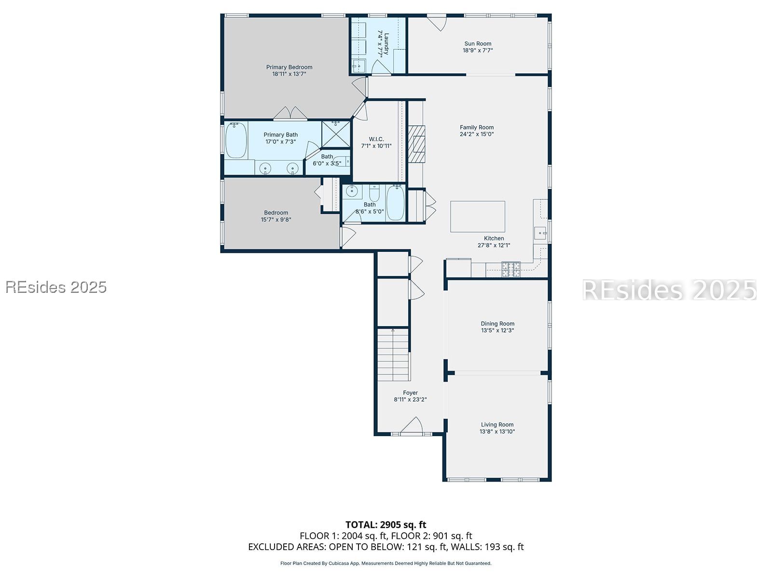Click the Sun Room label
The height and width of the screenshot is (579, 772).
pyautogui.click(x=478, y=43)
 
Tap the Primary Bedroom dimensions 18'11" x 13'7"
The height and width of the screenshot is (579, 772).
pyautogui.click(x=289, y=74)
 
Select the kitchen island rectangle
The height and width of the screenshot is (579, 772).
pyautogui.click(x=478, y=217)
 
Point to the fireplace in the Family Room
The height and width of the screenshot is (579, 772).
pyautogui.click(x=417, y=144)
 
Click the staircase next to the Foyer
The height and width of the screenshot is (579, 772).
pyautogui.click(x=393, y=355)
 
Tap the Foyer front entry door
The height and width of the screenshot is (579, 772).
pyautogui.click(x=411, y=427)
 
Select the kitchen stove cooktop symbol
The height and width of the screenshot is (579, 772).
pyautogui.click(x=510, y=269)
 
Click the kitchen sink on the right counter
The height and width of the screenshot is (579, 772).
pyautogui.click(x=540, y=233)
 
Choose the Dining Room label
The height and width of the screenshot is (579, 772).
pyautogui.click(x=497, y=324)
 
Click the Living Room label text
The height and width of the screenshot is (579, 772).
pyautogui.click(x=497, y=425)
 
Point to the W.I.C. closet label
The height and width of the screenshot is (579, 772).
pyautogui.click(x=376, y=139)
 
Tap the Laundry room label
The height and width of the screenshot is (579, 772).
pyautogui.click(x=386, y=43)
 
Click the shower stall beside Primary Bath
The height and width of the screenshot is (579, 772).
pyautogui.click(x=336, y=134)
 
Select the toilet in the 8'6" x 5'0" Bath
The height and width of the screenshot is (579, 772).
pyautogui.click(x=374, y=193)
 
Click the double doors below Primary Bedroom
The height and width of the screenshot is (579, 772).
pyautogui.click(x=290, y=113)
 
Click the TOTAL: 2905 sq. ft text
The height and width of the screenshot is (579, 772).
pyautogui.click(x=386, y=524)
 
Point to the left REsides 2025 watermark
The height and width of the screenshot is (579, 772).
pyautogui.click(x=56, y=287)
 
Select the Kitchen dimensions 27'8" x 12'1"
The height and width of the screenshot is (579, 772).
pyautogui.click(x=494, y=245)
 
